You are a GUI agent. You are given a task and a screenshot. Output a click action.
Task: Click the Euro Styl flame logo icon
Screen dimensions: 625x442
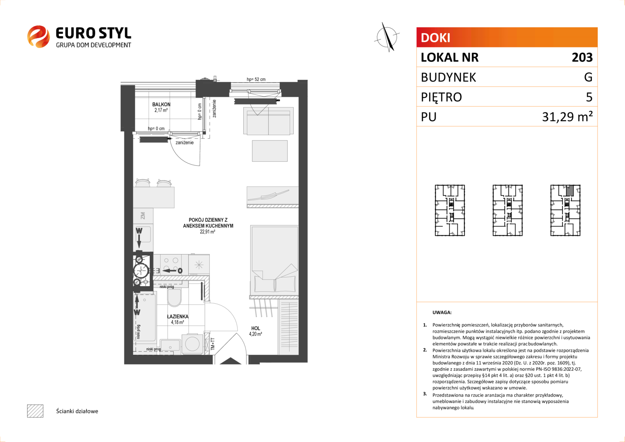tap(38, 36)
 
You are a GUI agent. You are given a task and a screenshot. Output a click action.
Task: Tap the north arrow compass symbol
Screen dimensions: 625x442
tap(387, 37)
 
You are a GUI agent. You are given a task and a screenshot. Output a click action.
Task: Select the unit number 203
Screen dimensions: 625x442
tap(582, 58)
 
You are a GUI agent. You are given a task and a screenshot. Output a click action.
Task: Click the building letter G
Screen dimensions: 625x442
tap(588, 77)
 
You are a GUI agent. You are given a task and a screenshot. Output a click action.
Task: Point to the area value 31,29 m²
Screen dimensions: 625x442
tap(567, 117)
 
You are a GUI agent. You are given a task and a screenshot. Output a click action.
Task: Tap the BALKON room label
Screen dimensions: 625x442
tap(161, 104)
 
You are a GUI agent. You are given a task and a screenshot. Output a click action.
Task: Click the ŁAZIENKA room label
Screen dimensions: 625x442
tap(178, 317)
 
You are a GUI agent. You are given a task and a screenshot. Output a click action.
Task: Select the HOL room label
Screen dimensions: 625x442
tap(256, 328)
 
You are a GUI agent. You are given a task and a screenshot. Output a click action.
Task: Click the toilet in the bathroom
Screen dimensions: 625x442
tap(174, 297)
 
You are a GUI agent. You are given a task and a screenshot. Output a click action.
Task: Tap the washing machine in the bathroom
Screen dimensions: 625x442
tap(193, 344)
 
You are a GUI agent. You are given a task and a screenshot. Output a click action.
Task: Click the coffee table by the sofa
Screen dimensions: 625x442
tap(270, 151)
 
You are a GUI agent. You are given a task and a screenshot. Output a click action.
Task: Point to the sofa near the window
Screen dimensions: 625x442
tap(268, 121)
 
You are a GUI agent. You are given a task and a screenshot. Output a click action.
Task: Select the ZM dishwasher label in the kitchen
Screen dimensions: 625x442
tap(143, 216)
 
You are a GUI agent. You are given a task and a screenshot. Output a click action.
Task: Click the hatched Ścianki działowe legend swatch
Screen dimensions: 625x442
tap(35, 411)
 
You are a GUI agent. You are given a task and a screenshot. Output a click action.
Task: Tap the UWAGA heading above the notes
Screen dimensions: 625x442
tap(442, 312)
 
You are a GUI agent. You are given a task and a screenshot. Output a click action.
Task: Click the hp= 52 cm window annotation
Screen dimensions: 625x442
tap(256, 79)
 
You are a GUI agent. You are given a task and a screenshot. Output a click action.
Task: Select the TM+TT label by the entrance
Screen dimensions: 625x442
tap(213, 344)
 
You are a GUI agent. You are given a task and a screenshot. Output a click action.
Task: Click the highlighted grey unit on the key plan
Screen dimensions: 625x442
tap(570, 190)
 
